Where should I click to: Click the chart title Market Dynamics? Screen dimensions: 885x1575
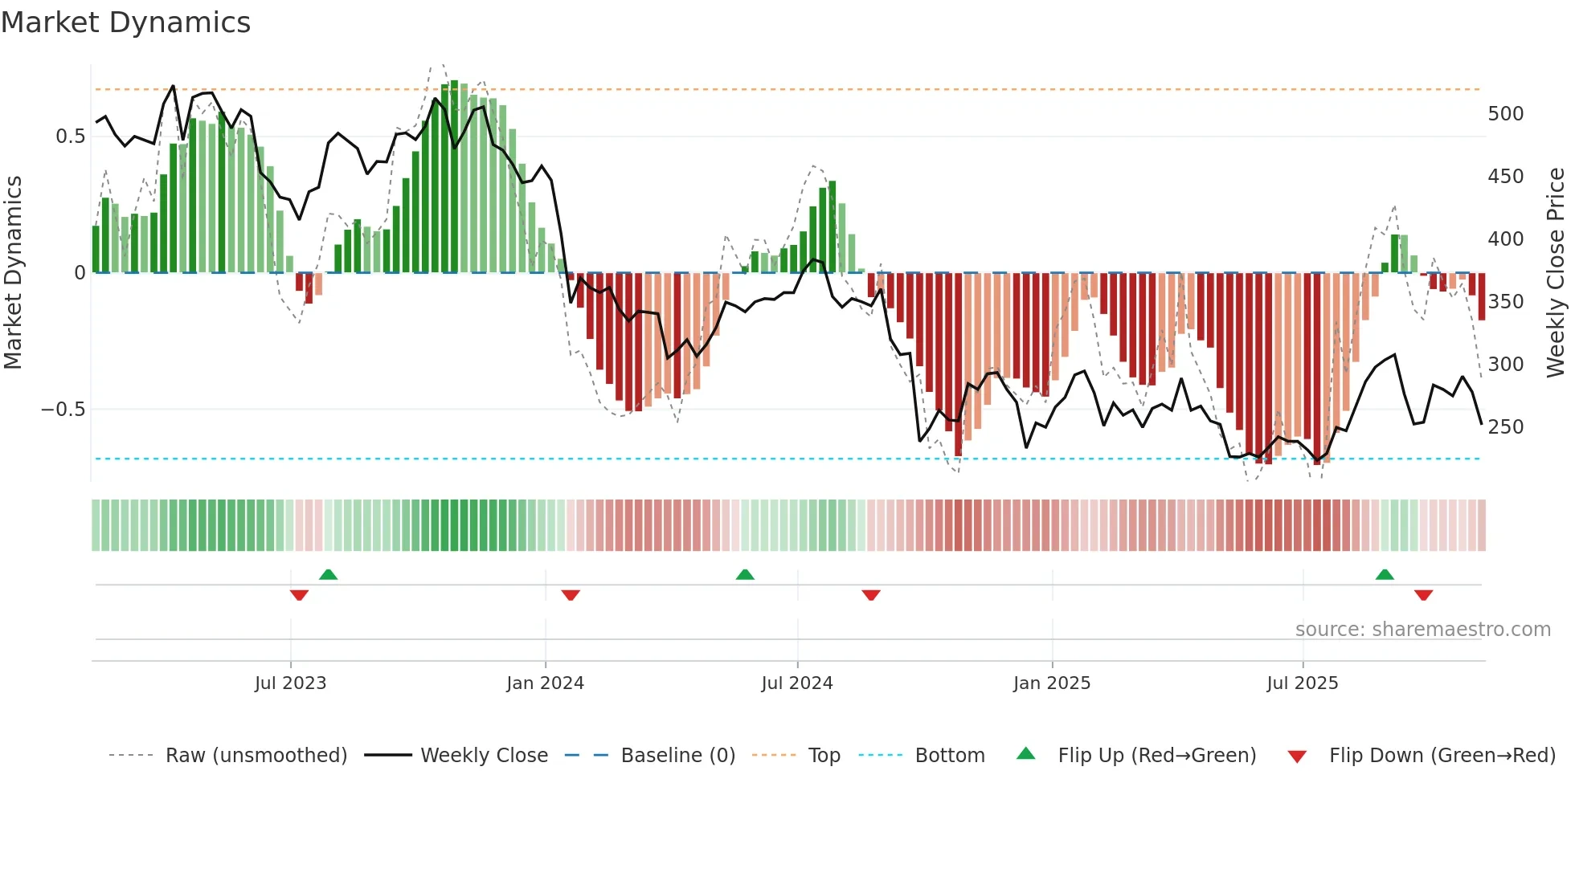(125, 22)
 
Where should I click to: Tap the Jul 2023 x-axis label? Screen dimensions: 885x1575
(290, 683)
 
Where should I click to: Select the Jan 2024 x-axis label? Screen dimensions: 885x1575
(545, 683)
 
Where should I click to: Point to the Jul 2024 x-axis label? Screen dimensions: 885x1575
(796, 683)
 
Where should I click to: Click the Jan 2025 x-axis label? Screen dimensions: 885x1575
(1051, 683)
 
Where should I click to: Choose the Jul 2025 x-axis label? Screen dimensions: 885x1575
(1302, 683)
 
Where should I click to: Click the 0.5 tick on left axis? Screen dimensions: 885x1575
(70, 137)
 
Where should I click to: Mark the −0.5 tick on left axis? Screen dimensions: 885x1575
(63, 410)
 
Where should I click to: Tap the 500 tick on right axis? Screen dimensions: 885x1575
(1505, 114)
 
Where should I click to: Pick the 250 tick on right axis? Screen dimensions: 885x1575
(1505, 427)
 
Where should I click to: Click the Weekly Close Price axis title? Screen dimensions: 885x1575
(1556, 273)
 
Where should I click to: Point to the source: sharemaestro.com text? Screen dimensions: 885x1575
(1422, 630)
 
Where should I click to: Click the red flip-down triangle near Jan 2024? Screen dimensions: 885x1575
(571, 595)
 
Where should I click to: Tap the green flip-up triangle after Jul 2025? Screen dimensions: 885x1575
(1384, 575)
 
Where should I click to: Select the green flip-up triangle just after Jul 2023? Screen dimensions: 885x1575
(328, 575)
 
